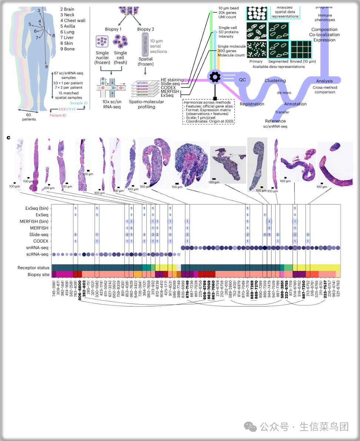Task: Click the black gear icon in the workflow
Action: tap(214, 77)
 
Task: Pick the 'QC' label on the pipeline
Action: tap(242, 80)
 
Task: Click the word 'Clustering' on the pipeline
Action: tap(275, 80)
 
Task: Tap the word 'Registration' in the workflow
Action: tap(252, 104)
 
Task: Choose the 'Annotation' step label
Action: tap(295, 104)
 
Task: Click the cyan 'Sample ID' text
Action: tap(79, 103)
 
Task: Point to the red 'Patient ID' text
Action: tap(58, 116)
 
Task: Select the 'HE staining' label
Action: tap(172, 80)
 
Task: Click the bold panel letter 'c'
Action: tap(8, 138)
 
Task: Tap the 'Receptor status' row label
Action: tap(33, 268)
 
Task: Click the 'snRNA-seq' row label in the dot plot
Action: tap(39, 248)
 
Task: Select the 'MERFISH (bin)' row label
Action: tap(34, 221)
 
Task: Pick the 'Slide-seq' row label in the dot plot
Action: tap(39, 235)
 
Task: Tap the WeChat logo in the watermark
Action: tap(252, 427)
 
